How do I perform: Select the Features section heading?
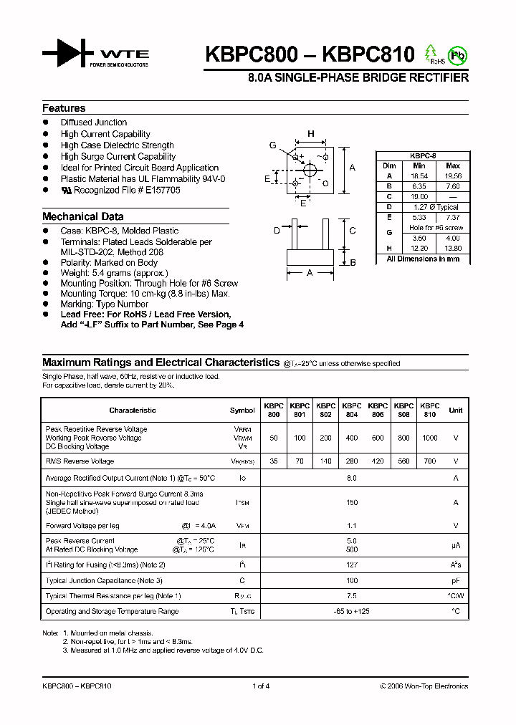64,108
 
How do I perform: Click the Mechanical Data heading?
82,216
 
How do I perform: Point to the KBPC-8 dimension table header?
423,155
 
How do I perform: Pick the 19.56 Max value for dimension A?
453,176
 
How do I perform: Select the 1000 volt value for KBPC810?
429,438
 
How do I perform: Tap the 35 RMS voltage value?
274,461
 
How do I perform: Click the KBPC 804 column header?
352,410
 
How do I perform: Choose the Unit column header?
456,410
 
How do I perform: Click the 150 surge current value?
352,503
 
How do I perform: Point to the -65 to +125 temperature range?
352,611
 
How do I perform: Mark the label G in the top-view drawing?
273,145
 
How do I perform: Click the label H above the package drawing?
311,134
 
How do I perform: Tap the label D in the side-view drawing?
277,230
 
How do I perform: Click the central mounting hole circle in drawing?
311,170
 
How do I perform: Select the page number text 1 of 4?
261,686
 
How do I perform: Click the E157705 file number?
163,191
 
